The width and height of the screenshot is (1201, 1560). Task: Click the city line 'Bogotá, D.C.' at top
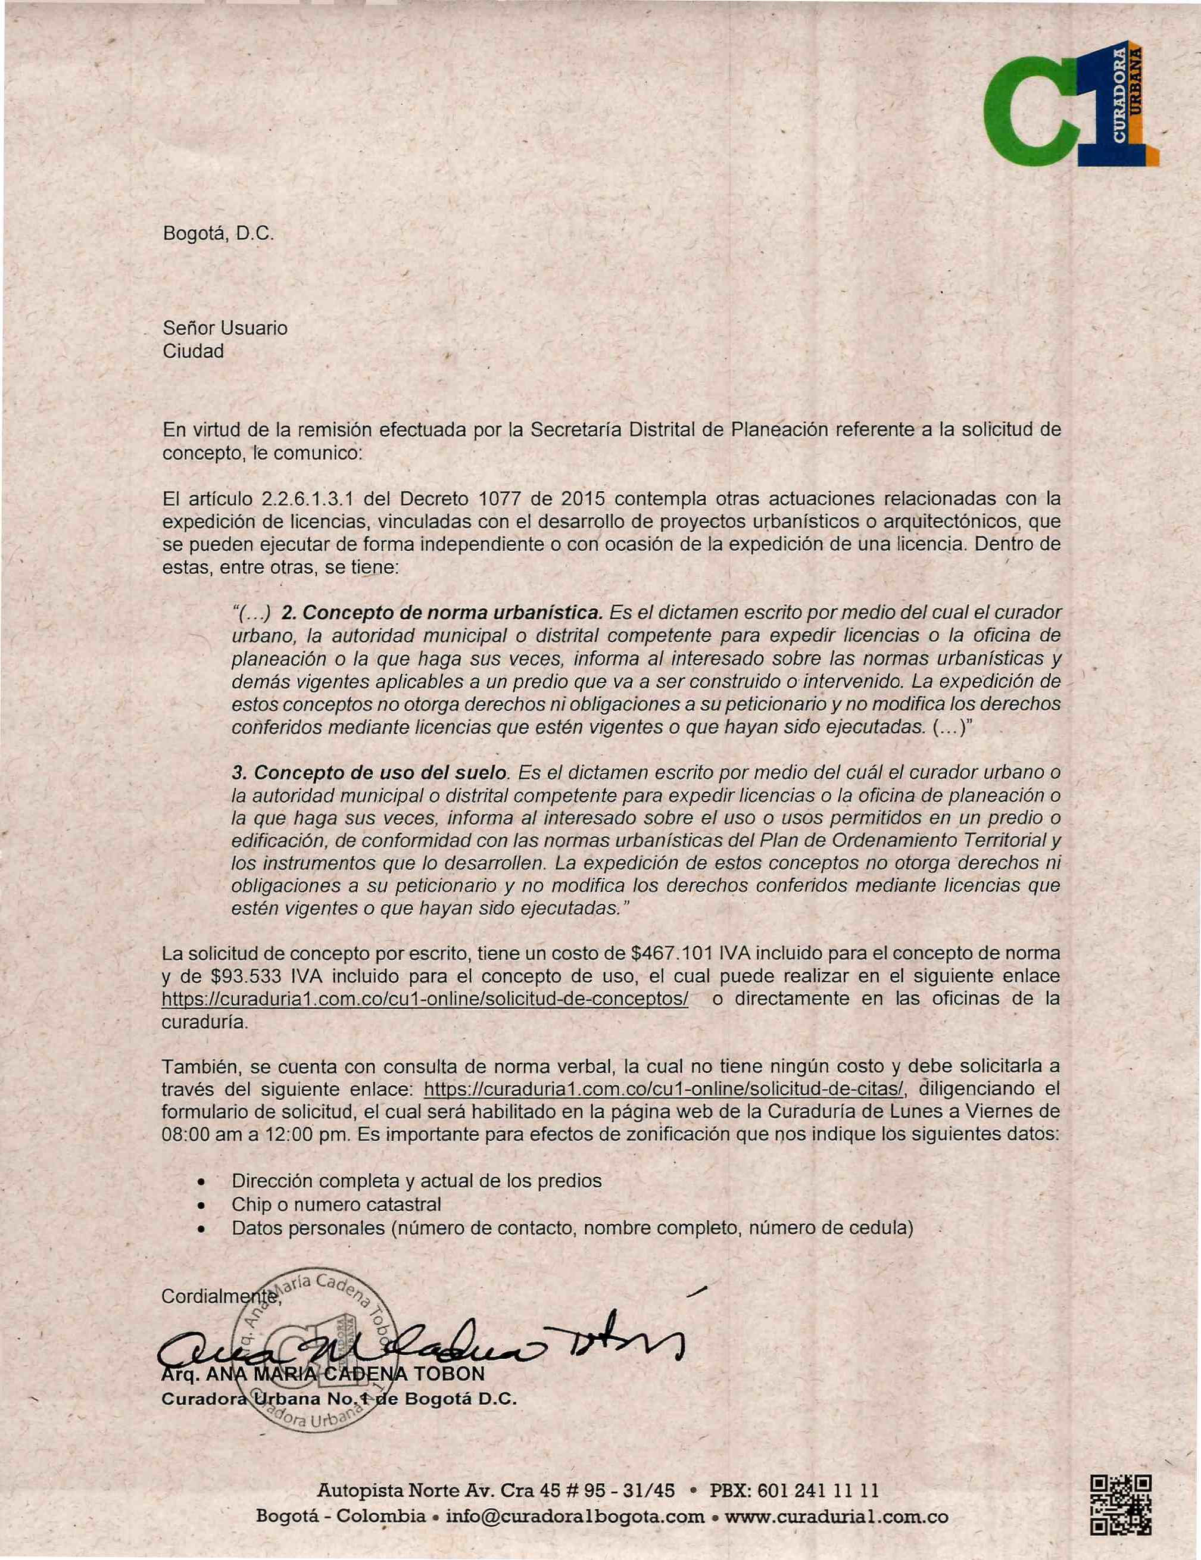pyautogui.click(x=219, y=234)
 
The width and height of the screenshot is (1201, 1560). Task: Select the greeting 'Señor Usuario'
pyautogui.click(x=225, y=328)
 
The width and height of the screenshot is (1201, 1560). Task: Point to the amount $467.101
pyautogui.click(x=675, y=954)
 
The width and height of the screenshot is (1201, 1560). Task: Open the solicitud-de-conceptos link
pyautogui.click(x=425, y=999)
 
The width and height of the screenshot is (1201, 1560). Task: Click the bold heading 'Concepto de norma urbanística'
pyautogui.click(x=443, y=613)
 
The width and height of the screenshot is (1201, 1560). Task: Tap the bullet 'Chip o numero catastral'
pyautogui.click(x=336, y=1205)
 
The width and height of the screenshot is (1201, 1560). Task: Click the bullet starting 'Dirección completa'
pyautogui.click(x=417, y=1181)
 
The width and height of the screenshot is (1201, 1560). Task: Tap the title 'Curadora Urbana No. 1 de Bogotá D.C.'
pyautogui.click(x=339, y=1399)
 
